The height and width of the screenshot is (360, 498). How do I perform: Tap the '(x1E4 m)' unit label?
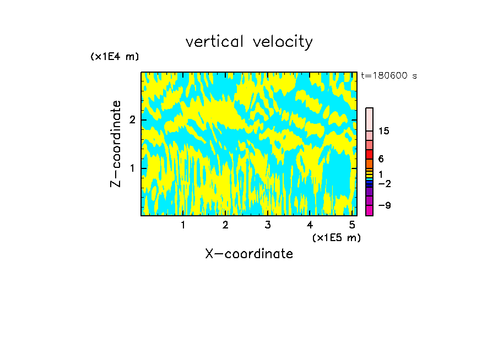[115, 57]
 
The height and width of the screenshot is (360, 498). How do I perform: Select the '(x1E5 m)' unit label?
[336, 237]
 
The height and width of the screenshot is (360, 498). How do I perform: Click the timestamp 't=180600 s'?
[388, 76]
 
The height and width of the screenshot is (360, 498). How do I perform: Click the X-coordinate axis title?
[249, 254]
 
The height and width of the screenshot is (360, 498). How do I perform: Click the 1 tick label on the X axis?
[183, 225]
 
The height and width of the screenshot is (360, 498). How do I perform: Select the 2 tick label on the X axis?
[225, 225]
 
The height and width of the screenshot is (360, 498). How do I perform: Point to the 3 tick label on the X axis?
[268, 225]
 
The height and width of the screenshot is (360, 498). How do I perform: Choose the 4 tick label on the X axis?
[310, 225]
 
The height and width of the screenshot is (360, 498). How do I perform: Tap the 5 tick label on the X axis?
[352, 225]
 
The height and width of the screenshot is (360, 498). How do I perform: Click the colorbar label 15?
[384, 131]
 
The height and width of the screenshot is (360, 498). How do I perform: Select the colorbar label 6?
[381, 159]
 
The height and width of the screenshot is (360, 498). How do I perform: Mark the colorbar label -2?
[384, 183]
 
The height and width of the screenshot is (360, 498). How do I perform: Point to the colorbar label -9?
[384, 205]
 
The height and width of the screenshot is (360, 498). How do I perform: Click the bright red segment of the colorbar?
[370, 154]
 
